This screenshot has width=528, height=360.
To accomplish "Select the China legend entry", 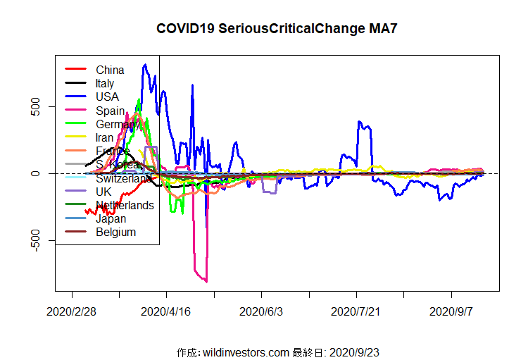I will (110, 70).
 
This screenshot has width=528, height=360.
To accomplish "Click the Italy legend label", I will (105, 83).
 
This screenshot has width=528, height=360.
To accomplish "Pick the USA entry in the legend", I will (107, 97).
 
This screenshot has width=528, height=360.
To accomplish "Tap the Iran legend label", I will (105, 137).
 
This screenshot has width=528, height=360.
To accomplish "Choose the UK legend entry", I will (104, 192).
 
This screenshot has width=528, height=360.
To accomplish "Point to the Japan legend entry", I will (111, 218).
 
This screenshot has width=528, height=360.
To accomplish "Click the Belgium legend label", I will (115, 232).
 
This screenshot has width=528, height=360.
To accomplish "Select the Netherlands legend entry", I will (125, 205).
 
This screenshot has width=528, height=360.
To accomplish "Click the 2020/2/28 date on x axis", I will (72, 311).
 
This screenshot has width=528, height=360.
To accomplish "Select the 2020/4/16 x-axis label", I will (167, 311).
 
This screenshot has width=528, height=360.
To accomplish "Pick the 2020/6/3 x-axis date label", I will (261, 311).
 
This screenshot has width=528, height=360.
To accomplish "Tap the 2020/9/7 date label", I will (451, 311).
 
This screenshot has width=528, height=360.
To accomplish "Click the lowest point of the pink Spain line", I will (206, 282).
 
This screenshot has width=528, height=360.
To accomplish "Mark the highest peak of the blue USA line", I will (145, 65).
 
